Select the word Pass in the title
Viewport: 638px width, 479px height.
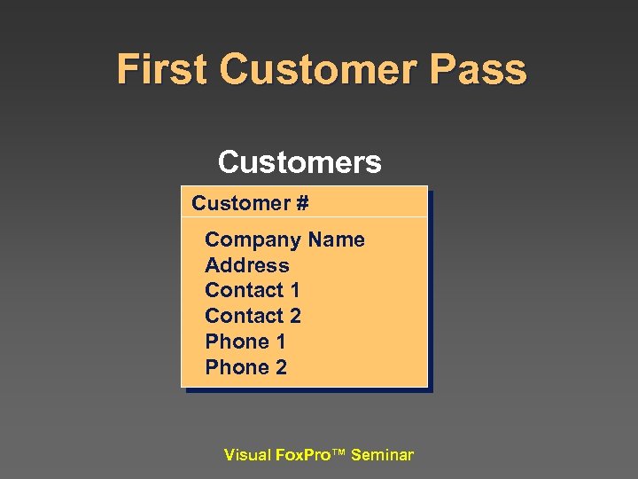coord(482,69)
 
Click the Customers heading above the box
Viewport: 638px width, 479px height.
coord(300,162)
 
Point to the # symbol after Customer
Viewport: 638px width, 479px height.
coord(301,203)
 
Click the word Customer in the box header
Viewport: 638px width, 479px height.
coord(240,203)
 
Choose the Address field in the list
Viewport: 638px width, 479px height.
coord(246,265)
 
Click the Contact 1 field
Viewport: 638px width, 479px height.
coord(252,290)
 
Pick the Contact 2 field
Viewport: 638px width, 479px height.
coord(253,316)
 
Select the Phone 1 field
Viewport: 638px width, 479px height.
coord(245,342)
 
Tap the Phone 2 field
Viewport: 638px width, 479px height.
coord(245,367)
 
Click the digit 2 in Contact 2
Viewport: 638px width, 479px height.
coord(294,316)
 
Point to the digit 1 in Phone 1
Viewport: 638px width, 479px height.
coord(280,342)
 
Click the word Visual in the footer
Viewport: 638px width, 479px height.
coord(247,455)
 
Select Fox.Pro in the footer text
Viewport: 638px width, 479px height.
coord(300,455)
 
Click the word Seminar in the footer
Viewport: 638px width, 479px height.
coord(382,455)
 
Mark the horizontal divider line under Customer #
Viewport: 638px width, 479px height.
coord(304,217)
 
